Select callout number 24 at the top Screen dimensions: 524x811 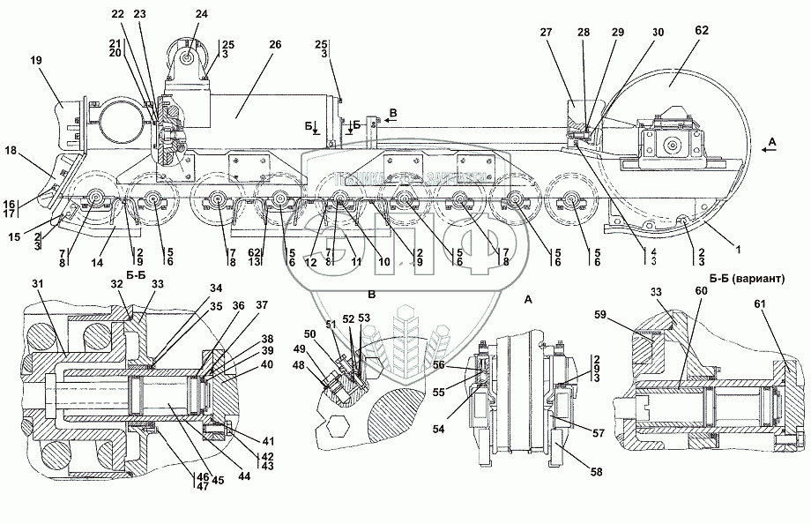point(202,14)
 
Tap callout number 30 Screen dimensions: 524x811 point(658,33)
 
